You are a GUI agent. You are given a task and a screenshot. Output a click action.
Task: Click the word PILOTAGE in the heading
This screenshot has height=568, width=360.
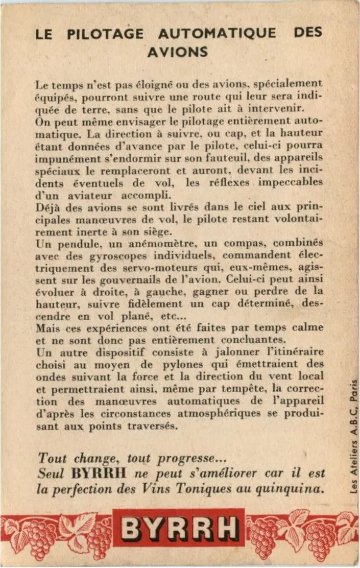(x=105, y=34)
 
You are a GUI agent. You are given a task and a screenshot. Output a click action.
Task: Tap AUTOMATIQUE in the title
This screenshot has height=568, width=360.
(x=217, y=34)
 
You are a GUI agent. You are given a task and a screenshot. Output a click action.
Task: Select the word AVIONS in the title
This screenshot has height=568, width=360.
(x=178, y=52)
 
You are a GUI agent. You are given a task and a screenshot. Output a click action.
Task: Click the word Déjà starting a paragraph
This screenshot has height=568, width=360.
(x=49, y=207)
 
